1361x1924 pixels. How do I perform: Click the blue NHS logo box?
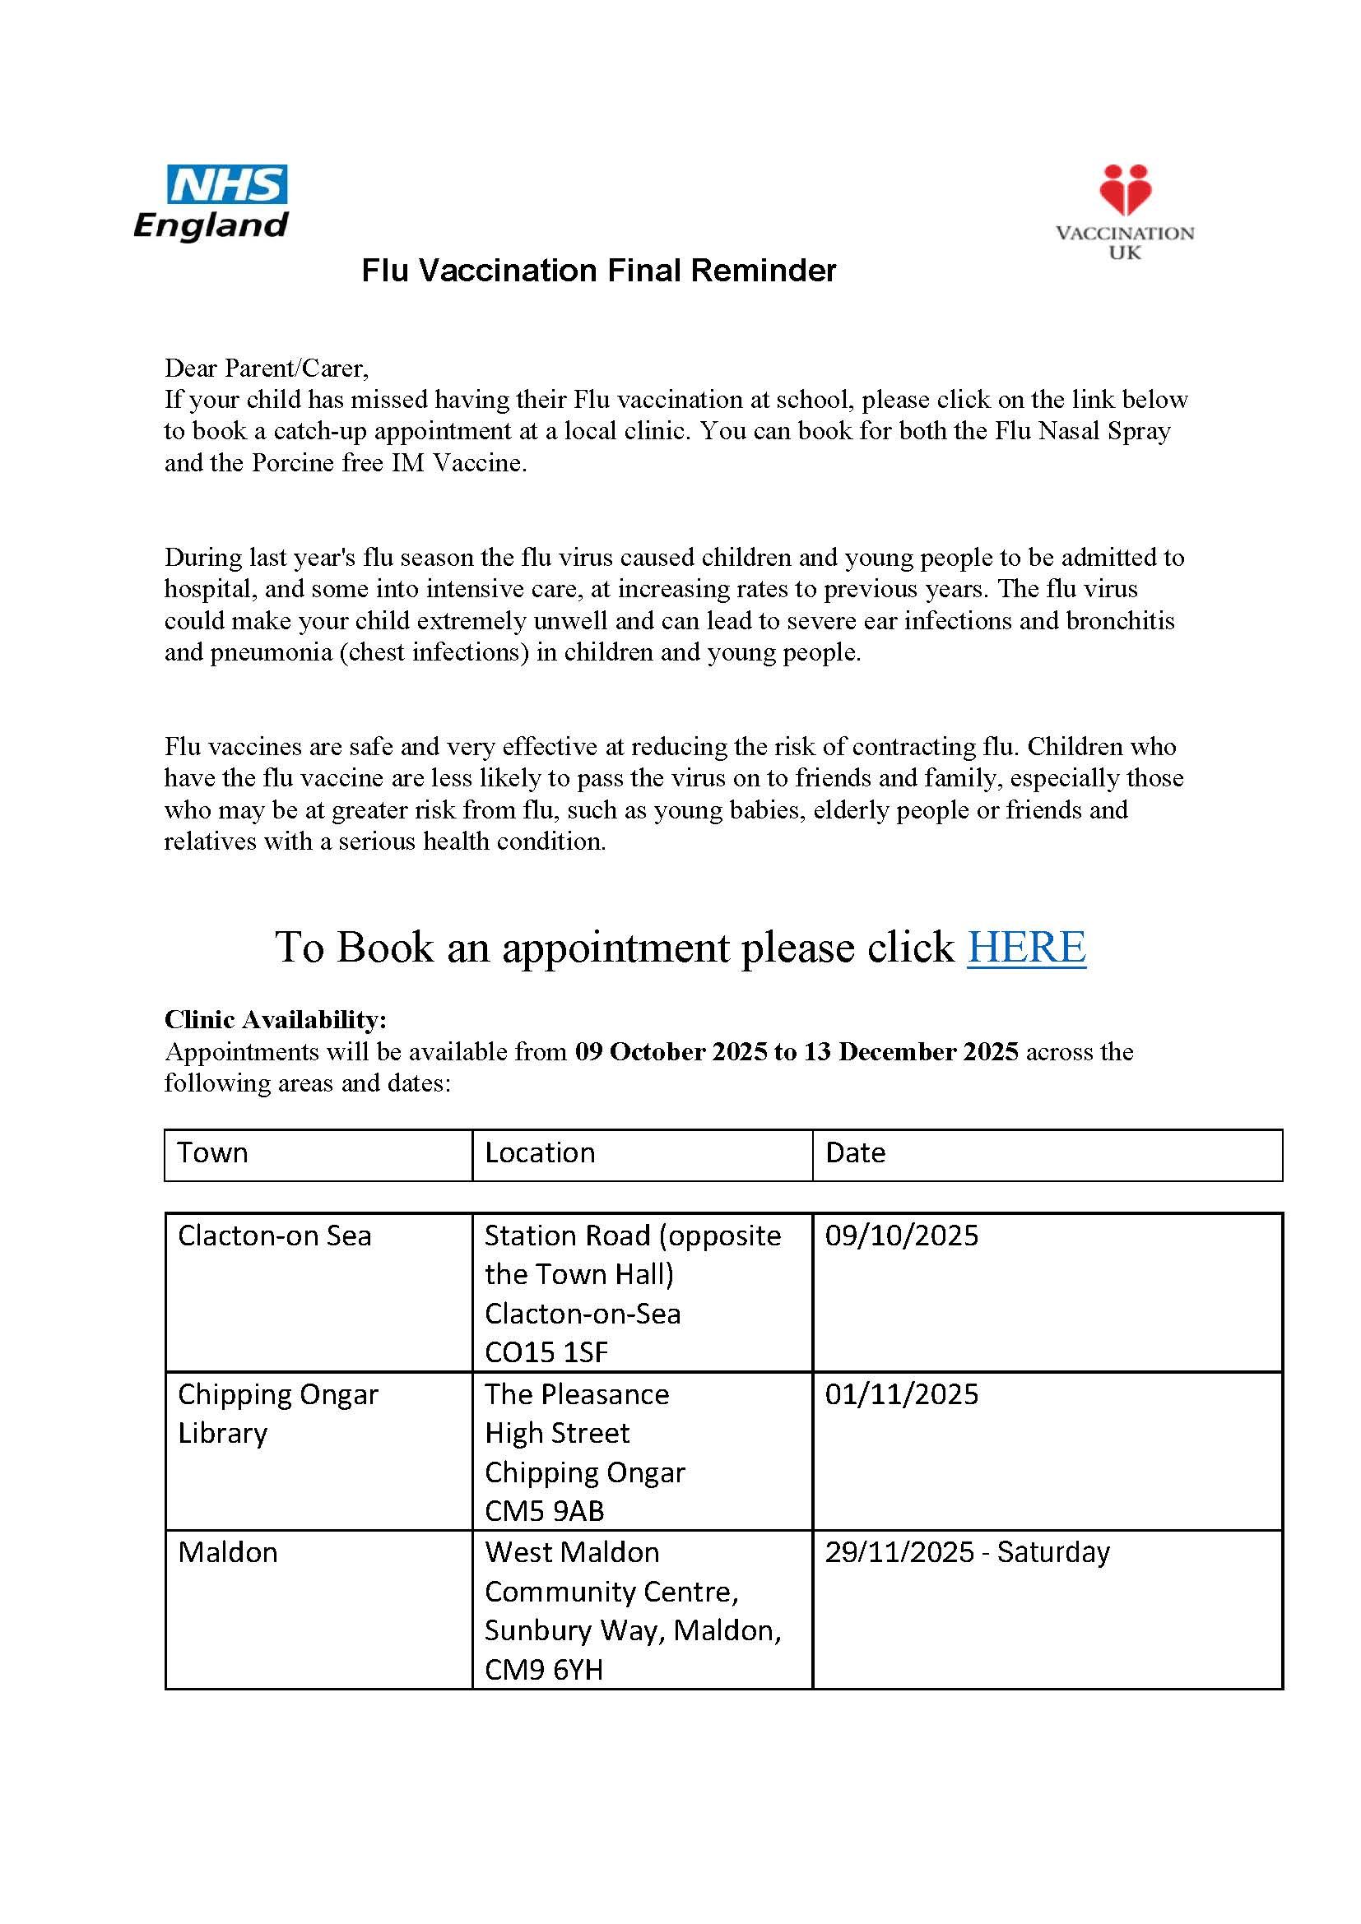pos(227,184)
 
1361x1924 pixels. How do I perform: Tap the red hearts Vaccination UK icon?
pos(1125,190)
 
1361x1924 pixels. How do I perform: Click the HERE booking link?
pos(1026,947)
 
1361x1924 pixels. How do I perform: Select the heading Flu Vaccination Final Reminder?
pos(598,271)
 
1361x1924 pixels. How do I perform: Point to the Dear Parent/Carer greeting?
pos(267,368)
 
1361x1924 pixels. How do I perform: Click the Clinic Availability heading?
pos(276,1020)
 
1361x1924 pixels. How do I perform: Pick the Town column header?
pos(213,1153)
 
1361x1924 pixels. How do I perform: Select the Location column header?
pos(540,1153)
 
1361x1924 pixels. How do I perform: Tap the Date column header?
pos(855,1153)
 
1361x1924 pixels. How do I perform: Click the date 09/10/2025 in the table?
pos(902,1236)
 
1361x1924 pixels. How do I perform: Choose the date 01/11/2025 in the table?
pos(902,1394)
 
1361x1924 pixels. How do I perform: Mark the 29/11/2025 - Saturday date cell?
pos(967,1553)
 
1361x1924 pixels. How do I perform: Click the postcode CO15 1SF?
pos(546,1352)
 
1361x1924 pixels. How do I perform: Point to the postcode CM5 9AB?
pos(545,1511)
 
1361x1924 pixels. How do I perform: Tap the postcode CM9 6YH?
pos(544,1670)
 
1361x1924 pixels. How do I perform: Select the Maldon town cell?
pos(228,1553)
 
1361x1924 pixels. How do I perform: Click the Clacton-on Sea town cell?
pos(275,1236)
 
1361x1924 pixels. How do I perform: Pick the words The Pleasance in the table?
pos(577,1394)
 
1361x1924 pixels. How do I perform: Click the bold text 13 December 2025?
pos(911,1052)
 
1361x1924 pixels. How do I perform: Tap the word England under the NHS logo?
pos(211,226)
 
